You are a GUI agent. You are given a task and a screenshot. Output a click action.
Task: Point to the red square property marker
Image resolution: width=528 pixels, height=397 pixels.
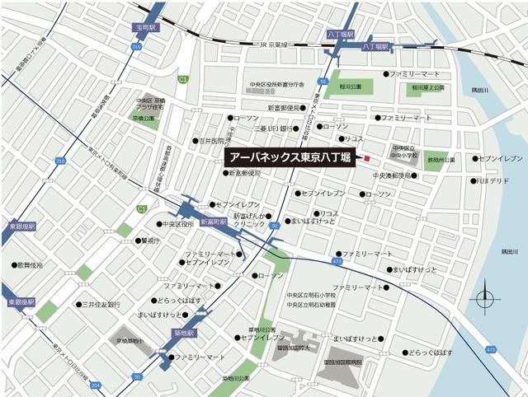369,158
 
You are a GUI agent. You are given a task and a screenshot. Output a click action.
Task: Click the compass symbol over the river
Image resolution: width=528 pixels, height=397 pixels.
485,297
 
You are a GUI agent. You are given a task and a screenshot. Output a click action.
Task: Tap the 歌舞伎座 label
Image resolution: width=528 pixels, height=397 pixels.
28,265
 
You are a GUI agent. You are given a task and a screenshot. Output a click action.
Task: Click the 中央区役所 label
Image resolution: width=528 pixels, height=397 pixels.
178,223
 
